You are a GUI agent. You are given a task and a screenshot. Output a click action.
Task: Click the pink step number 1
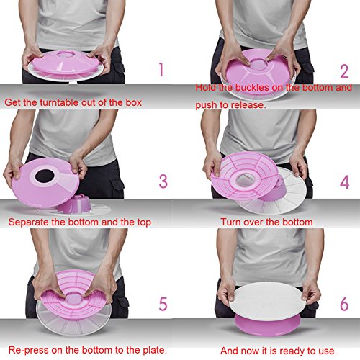[161, 69]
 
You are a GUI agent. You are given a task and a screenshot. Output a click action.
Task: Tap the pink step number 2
[344, 71]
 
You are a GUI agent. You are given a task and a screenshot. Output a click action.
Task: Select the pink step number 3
[163, 181]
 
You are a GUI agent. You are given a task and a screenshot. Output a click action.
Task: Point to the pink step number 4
[344, 182]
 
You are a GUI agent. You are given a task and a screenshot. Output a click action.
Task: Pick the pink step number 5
[163, 304]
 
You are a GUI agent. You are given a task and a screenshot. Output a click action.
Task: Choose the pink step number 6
[344, 304]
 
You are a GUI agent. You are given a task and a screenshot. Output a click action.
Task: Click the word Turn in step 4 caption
[230, 222]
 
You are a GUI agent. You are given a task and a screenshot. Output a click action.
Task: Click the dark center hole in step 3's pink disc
[45, 176]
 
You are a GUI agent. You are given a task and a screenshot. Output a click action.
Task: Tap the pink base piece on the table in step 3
[74, 204]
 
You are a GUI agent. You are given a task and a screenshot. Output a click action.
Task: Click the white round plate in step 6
[267, 301]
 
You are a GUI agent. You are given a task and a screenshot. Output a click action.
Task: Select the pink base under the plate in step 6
[267, 326]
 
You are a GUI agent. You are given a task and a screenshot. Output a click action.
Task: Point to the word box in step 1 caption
[134, 102]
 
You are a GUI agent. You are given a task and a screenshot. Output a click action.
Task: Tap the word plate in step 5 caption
[154, 350]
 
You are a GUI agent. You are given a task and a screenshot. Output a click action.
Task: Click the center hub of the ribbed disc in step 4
[245, 180]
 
